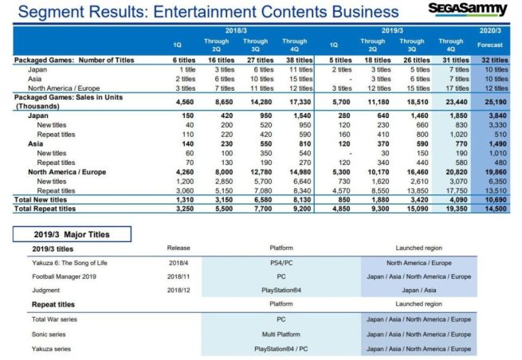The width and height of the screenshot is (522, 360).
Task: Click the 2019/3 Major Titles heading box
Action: [72, 235]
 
